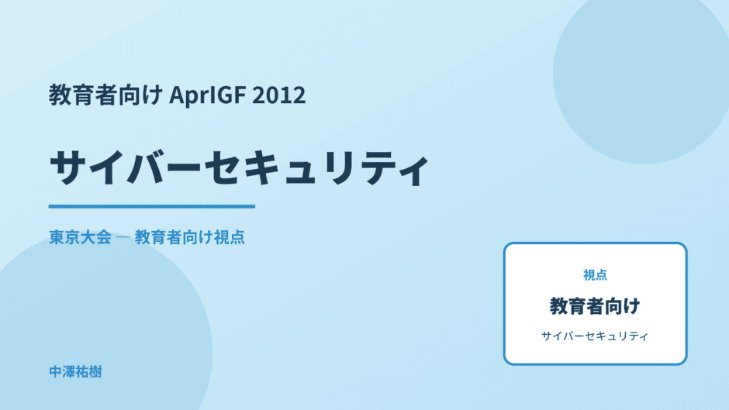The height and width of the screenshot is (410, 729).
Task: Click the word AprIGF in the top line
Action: click(207, 95)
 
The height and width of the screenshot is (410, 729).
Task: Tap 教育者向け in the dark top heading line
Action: click(105, 95)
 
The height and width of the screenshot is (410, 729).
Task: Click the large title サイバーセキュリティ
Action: click(239, 168)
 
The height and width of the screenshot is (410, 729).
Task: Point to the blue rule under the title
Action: click(152, 206)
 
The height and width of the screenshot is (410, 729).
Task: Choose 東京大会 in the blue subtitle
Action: click(80, 237)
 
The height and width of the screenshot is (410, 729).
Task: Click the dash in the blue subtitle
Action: click(123, 237)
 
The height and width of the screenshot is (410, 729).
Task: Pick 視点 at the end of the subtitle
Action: click(229, 237)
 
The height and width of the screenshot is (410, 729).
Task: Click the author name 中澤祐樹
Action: click(75, 372)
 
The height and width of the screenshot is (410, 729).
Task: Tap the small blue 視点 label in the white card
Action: click(595, 275)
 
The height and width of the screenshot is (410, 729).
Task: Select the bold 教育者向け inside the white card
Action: click(595, 306)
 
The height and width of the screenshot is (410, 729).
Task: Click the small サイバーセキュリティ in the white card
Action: click(595, 336)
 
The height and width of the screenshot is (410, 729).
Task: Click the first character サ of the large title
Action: click(68, 167)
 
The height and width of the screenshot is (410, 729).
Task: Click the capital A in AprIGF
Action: click(177, 95)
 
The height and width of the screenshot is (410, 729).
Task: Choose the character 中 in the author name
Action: click(55, 372)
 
